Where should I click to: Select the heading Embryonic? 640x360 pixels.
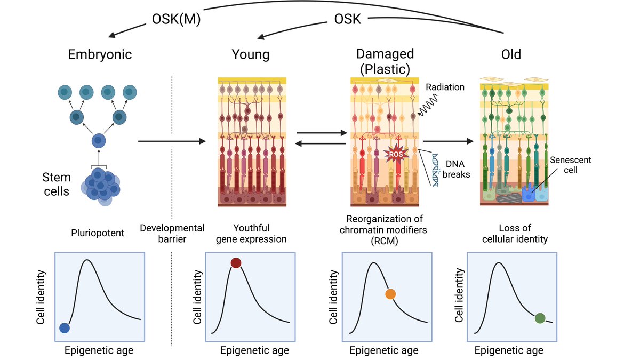(x=100, y=54)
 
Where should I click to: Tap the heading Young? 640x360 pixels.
(x=251, y=54)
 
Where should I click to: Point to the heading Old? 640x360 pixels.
(x=511, y=54)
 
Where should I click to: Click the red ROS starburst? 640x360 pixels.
(x=395, y=155)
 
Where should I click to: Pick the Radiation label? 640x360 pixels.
(x=445, y=87)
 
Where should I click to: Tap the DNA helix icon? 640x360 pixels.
(x=436, y=169)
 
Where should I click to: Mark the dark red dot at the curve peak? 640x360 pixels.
(x=236, y=262)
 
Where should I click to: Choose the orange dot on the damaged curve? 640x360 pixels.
(x=390, y=294)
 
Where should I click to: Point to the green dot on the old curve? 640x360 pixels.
(x=540, y=318)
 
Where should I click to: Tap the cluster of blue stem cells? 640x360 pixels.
(x=99, y=184)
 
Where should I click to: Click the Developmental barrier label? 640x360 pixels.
(x=172, y=234)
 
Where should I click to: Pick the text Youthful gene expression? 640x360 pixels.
(x=251, y=234)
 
